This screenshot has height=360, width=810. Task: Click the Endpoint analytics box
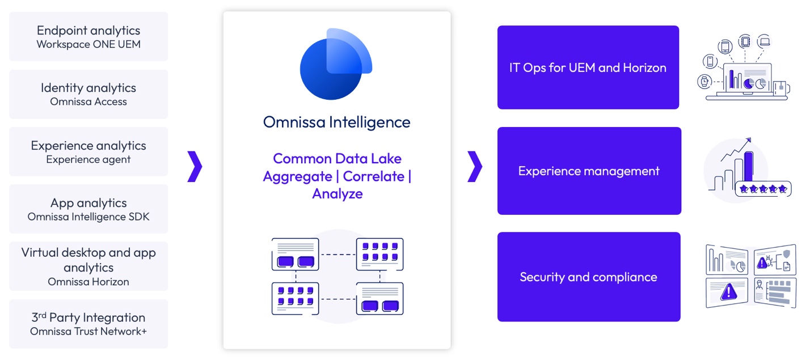tap(88, 36)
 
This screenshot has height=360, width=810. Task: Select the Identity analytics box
tap(88, 94)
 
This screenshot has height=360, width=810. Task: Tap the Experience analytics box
tap(88, 151)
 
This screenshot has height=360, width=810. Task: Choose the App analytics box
tap(88, 209)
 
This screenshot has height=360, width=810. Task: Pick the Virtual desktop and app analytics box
tap(88, 266)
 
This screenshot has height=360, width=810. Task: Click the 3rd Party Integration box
tap(88, 324)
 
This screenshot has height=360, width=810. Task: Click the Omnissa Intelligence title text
tap(336, 122)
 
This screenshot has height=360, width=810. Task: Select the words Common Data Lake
tap(337, 158)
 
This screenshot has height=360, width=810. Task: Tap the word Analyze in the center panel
tap(337, 194)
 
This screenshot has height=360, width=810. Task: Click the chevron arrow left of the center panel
tap(195, 167)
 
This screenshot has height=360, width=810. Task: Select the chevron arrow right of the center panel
tap(474, 167)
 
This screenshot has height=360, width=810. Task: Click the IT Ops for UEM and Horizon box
tap(588, 67)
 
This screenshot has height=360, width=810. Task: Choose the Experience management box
tap(589, 171)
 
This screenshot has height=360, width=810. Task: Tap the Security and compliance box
tap(588, 277)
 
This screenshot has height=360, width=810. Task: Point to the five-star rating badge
tap(762, 189)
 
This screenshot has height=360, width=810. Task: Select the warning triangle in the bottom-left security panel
tap(728, 291)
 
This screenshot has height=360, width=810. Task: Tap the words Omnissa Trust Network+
tap(88, 331)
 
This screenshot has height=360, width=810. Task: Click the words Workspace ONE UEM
tap(88, 44)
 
